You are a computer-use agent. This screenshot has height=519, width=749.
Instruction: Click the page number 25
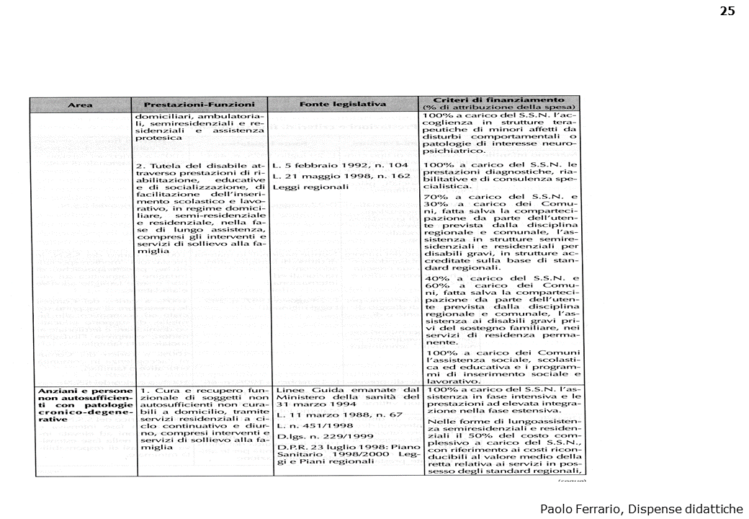[727, 11]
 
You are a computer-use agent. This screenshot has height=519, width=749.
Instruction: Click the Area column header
[80, 105]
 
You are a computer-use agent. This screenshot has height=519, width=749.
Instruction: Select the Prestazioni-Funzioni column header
[199, 105]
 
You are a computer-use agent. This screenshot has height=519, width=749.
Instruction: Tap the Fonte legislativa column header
[343, 105]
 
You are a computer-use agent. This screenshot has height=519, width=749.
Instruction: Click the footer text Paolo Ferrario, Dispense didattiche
[641, 508]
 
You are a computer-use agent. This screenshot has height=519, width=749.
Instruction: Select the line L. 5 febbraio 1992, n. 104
[341, 165]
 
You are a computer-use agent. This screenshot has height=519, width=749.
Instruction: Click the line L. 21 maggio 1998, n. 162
[340, 176]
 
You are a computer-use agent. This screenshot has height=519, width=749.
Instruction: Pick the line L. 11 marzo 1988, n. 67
[329, 416]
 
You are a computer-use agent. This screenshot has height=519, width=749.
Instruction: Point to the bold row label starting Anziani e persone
[81, 391]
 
